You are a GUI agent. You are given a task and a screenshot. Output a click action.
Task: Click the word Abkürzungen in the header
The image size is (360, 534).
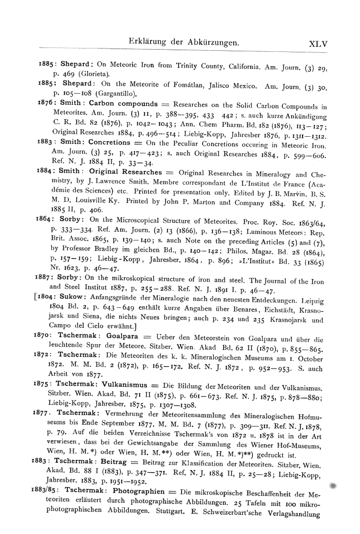click(x=208, y=41)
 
